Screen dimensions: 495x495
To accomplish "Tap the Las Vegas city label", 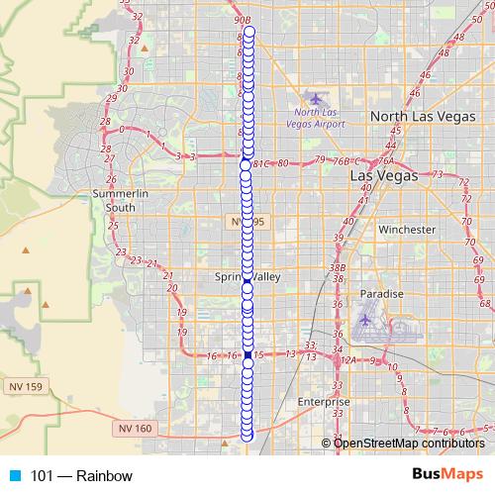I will [384, 175].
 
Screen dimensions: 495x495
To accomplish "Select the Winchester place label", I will [406, 229].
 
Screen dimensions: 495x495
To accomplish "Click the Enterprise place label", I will [324, 403].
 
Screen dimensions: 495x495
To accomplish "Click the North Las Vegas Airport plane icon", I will [316, 98].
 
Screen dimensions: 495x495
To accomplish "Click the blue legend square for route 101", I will [13, 476].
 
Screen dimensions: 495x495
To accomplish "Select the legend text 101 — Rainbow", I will [81, 476].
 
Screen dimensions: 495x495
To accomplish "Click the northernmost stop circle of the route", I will [248, 33].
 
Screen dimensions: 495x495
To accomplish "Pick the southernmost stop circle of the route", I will [247, 436].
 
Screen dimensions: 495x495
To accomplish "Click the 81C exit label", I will [261, 163].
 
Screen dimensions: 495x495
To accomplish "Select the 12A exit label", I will [346, 360].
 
